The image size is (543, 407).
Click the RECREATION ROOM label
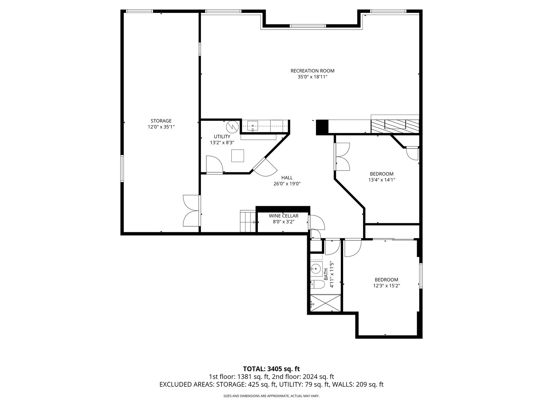[312, 71]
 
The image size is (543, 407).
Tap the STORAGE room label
[161, 121]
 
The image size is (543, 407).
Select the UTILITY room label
[222, 137]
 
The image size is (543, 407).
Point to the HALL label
[287, 178]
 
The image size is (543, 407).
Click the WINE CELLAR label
[283, 216]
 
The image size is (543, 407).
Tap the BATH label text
[326, 274]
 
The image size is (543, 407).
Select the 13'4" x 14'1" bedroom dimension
[381, 180]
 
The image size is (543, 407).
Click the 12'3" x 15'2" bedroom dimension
[387, 286]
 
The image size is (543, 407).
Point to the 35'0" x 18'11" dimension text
[312, 77]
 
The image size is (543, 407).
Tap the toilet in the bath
[317, 285]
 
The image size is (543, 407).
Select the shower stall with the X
[325, 303]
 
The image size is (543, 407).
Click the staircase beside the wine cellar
[248, 221]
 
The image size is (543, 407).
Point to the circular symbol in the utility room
[232, 127]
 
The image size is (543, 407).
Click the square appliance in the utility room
[238, 156]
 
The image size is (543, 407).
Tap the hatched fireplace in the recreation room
[395, 125]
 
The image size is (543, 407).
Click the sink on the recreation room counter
[252, 126]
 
